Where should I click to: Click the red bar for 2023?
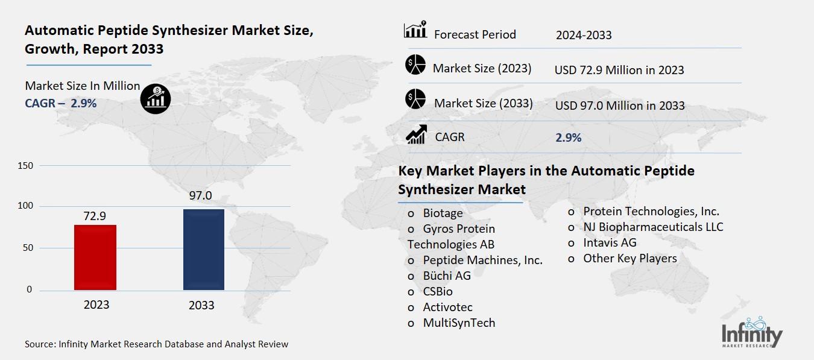tap(95, 257)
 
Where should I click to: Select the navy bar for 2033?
tap(204, 250)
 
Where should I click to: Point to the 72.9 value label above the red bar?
tap(94, 216)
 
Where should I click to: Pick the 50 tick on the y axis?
tap(28, 248)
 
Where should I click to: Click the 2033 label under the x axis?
tap(201, 305)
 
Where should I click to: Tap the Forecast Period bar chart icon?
tap(415, 30)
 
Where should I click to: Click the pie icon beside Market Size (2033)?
tap(415, 100)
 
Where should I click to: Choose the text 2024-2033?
tap(584, 35)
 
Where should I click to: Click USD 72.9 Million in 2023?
tap(619, 70)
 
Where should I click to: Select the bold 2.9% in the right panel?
tap(568, 137)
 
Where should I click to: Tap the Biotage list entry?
tap(443, 213)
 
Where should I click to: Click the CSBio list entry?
tap(438, 291)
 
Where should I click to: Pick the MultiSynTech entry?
tap(458, 323)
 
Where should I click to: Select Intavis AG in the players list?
tap(609, 242)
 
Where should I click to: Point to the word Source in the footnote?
tap(39, 344)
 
